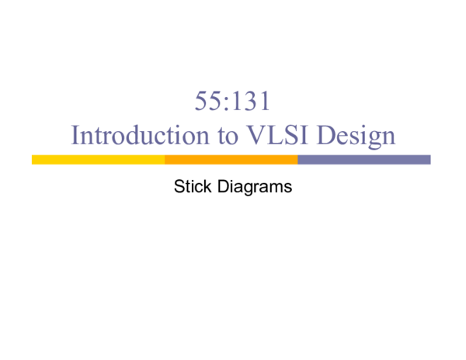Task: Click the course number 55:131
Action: pyautogui.click(x=233, y=102)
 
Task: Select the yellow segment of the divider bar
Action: pyautogui.click(x=98, y=160)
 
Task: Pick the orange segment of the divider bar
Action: pyautogui.click(x=231, y=160)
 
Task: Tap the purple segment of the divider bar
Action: pyautogui.click(x=363, y=160)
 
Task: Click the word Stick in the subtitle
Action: pyautogui.click(x=190, y=186)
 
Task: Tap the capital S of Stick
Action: pyautogui.click(x=179, y=186)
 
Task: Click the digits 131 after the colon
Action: pyautogui.click(x=252, y=102)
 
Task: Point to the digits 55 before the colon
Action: pyautogui.click(x=212, y=102)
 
